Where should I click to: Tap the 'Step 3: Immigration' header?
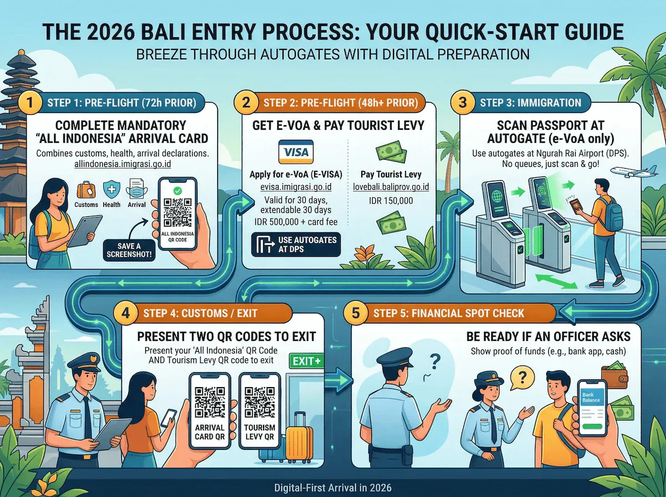pos(530,103)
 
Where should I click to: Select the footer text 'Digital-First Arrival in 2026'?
pos(333,488)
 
